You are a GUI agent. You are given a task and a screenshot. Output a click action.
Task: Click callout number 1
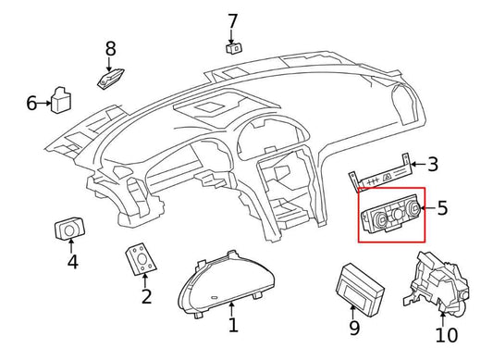click(x=233, y=325)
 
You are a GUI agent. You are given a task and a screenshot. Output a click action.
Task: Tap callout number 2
click(x=146, y=296)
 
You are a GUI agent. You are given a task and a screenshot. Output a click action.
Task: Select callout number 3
click(x=432, y=165)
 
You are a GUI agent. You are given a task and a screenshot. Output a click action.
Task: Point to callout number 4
click(x=72, y=262)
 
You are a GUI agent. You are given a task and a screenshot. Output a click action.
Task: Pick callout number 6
click(x=31, y=103)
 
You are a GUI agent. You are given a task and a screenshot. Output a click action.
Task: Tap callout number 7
click(x=232, y=20)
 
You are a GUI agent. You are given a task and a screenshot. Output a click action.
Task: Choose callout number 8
click(x=111, y=48)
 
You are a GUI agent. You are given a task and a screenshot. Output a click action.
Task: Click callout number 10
click(x=447, y=334)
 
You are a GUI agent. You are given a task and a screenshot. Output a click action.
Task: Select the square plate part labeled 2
click(x=139, y=259)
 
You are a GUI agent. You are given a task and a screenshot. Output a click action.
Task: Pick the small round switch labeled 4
click(x=70, y=229)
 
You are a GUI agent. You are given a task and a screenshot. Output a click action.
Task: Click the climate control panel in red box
click(x=389, y=216)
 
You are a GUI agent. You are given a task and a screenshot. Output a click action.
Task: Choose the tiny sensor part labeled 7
click(x=235, y=47)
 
